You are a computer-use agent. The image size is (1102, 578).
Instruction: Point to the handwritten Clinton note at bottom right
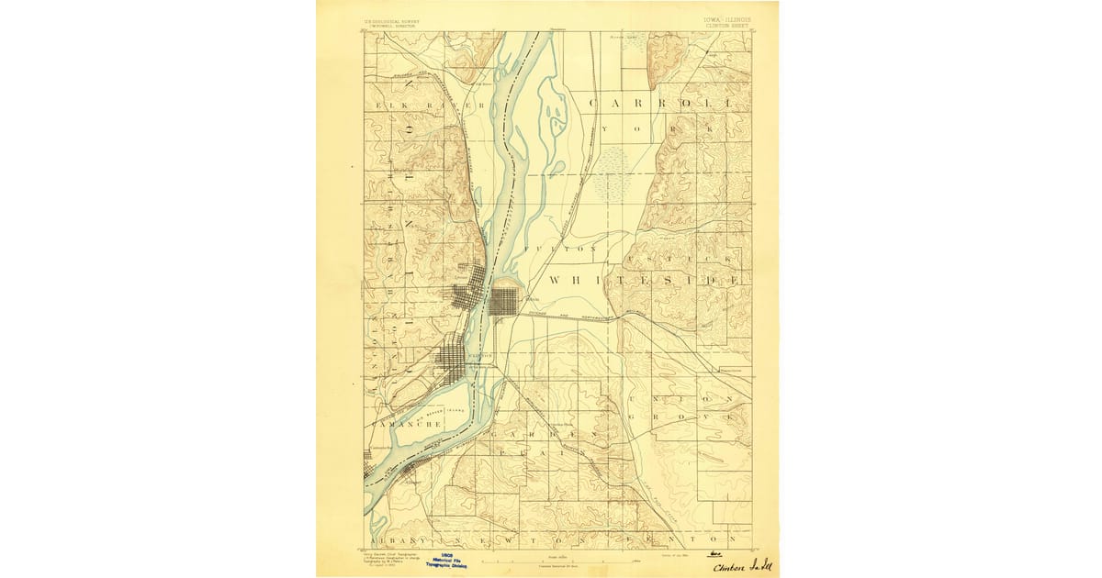pos(741,566)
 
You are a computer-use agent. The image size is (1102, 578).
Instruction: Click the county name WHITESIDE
pos(644,278)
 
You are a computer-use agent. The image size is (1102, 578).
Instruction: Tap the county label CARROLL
pos(661,104)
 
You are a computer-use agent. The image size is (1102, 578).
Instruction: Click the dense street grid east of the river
pos(503,301)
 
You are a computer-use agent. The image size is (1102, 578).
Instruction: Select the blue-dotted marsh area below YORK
pos(610,174)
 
